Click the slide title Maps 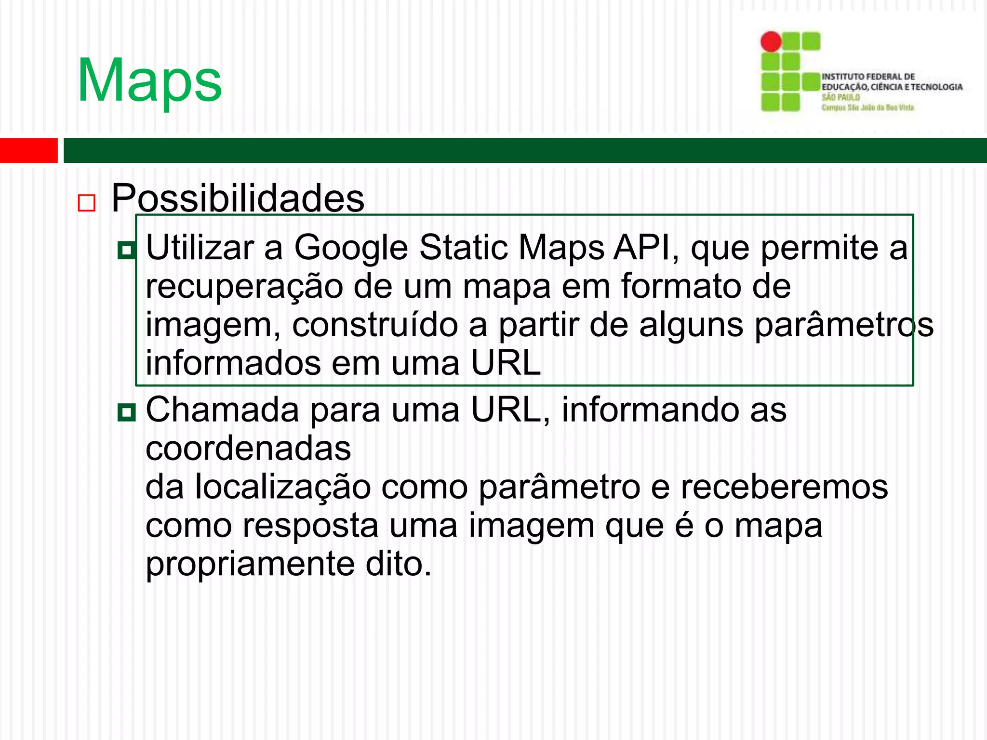pyautogui.click(x=149, y=81)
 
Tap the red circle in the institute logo pyautogui.click(x=771, y=42)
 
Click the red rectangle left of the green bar pyautogui.click(x=28, y=150)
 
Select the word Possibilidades pyautogui.click(x=238, y=198)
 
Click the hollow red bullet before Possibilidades pyautogui.click(x=87, y=203)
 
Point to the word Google pyautogui.click(x=351, y=248)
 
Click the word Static pyautogui.click(x=464, y=248)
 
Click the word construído pyautogui.click(x=375, y=325)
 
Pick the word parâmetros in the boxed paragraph pyautogui.click(x=844, y=325)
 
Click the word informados pyautogui.click(x=233, y=363)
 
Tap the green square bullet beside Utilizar pyautogui.click(x=127, y=250)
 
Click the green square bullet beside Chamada pyautogui.click(x=127, y=412)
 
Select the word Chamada pyautogui.click(x=222, y=410)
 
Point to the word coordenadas pyautogui.click(x=248, y=449)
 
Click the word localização pyautogui.click(x=283, y=487)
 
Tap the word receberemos pyautogui.click(x=784, y=487)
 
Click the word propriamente pyautogui.click(x=250, y=564)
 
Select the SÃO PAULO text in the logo pyautogui.click(x=840, y=97)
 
